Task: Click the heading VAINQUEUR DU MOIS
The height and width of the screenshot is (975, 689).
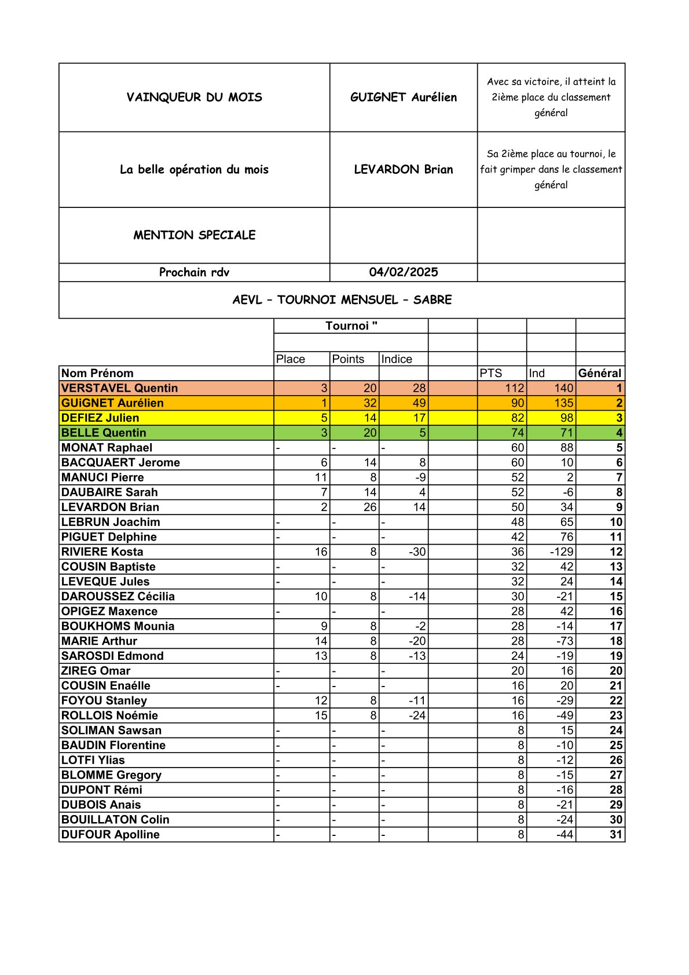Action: (194, 97)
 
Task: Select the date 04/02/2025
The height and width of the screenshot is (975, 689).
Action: (403, 272)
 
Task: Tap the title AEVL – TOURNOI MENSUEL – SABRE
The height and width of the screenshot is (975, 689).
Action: (342, 300)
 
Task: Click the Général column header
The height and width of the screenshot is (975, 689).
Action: (599, 374)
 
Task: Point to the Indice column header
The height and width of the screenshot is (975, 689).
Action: (397, 359)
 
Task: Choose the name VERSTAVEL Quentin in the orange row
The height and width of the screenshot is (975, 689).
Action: (119, 388)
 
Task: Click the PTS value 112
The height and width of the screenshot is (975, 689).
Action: (514, 388)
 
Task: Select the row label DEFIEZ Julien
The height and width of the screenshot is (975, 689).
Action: (100, 418)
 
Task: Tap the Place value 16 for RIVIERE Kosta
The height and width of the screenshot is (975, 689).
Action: (321, 552)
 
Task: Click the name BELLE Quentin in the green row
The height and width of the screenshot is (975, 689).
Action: (104, 433)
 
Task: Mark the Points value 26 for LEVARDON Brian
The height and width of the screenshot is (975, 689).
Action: (370, 507)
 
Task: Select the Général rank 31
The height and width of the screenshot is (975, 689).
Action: (615, 835)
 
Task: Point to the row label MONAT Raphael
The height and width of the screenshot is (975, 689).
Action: (107, 448)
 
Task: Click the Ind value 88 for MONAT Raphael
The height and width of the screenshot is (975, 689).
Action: (566, 448)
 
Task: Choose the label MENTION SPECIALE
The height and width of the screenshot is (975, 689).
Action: (194, 235)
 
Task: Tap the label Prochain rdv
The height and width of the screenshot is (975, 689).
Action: (194, 272)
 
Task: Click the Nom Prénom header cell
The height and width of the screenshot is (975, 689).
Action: (97, 374)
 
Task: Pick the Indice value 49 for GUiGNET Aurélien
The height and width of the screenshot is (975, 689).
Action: (419, 403)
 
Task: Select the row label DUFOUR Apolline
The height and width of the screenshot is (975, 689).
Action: (110, 835)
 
